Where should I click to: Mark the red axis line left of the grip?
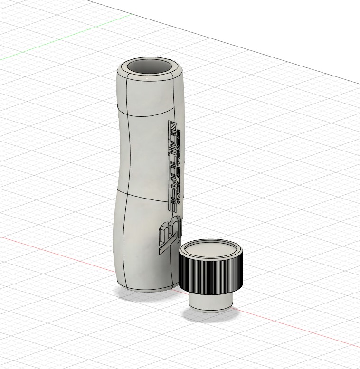(57, 249)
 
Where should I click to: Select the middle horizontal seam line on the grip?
(142, 195)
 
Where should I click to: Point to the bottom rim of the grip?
(147, 289)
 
